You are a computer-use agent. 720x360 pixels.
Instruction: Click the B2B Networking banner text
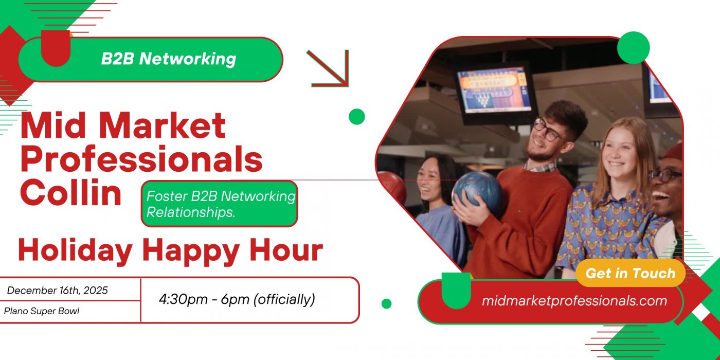(x=168, y=59)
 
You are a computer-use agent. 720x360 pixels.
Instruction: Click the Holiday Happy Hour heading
(x=170, y=250)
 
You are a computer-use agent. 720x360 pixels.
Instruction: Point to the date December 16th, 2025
(x=58, y=291)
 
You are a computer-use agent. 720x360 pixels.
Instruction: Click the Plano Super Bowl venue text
(x=42, y=311)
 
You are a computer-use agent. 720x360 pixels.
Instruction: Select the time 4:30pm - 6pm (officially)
(x=237, y=299)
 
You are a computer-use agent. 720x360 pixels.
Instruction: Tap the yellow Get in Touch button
(x=630, y=273)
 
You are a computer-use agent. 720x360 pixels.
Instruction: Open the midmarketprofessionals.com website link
(x=574, y=301)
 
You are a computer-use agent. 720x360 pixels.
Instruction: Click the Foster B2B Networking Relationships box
(x=220, y=204)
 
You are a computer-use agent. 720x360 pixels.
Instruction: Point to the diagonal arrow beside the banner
(x=329, y=68)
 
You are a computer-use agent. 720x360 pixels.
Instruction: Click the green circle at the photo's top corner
(x=633, y=48)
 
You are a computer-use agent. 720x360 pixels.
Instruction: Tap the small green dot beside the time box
(x=386, y=303)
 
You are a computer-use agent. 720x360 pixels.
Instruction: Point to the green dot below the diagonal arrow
(x=356, y=117)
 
